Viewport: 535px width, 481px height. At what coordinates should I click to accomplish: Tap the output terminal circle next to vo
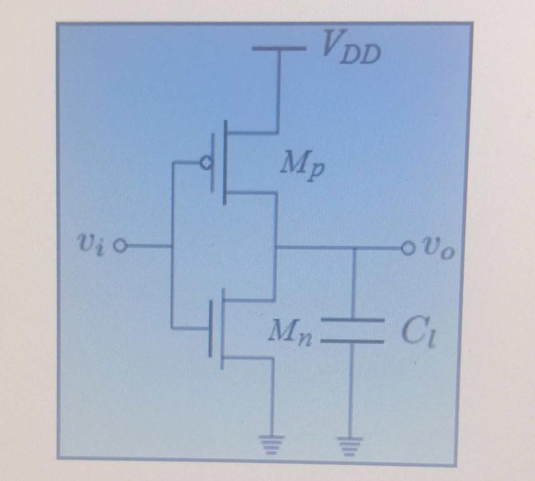pos(407,247)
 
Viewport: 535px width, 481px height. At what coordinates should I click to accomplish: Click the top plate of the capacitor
pos(353,319)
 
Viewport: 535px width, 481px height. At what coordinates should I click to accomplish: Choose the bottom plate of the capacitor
pos(353,340)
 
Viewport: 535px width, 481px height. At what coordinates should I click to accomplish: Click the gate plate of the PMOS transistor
pos(214,163)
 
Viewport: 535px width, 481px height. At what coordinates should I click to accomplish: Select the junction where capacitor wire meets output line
pos(354,247)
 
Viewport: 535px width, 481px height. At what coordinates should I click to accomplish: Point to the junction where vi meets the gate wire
pos(172,245)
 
